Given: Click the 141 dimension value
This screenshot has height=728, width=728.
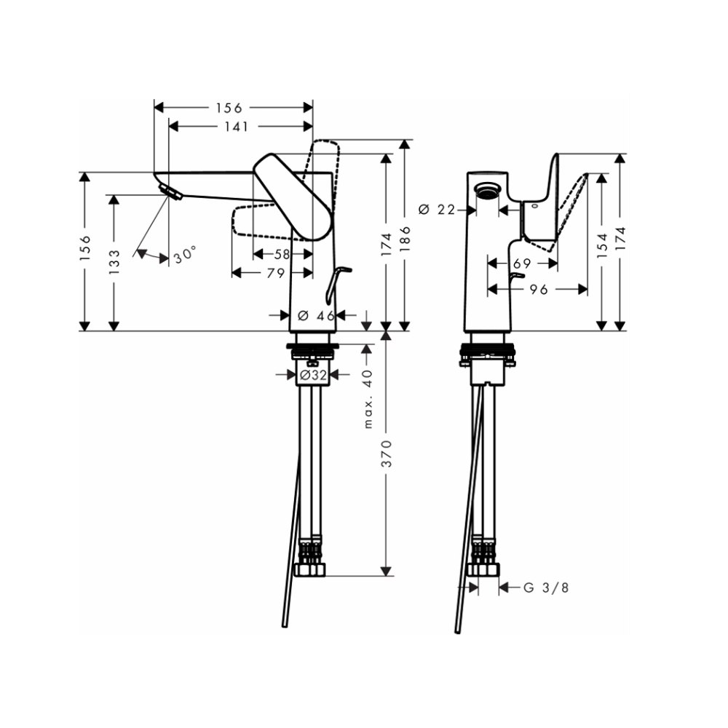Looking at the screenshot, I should pos(236,127).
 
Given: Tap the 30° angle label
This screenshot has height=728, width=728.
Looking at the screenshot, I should pos(186,255).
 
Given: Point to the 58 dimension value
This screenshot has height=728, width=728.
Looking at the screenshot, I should pos(282,254).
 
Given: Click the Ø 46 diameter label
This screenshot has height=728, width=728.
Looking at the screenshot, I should pos(316,315).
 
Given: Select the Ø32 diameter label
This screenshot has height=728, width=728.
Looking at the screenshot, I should pos(312,375).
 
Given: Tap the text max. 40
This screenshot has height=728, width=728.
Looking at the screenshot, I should pos(368,398).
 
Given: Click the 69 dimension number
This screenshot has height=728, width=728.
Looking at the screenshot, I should pos(521,262).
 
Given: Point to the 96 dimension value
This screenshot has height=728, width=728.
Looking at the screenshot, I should pos(538,289).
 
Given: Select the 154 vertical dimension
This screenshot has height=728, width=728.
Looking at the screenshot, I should pos(602,248).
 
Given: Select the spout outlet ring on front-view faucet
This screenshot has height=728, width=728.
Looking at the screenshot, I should pos(486,191).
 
